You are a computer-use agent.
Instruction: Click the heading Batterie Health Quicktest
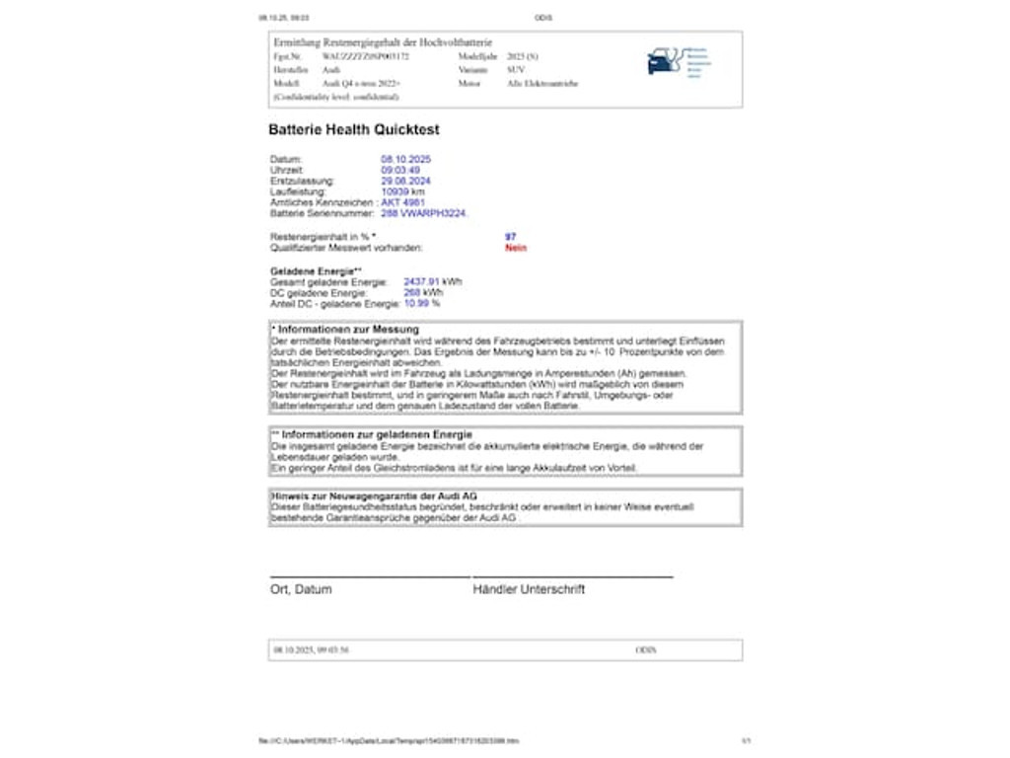pyautogui.click(x=354, y=129)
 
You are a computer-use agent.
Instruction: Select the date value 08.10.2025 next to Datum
pyautogui.click(x=405, y=159)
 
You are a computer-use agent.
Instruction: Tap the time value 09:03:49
pyautogui.click(x=400, y=170)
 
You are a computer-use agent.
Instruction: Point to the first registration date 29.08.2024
pyautogui.click(x=405, y=181)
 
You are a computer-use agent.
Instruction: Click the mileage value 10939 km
pyautogui.click(x=402, y=191)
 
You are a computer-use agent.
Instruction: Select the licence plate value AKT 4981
pyautogui.click(x=402, y=202)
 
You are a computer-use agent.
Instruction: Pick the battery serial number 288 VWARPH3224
pyautogui.click(x=424, y=213)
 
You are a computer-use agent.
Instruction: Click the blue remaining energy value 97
pyautogui.click(x=510, y=237)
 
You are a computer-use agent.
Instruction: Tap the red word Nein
pyautogui.click(x=516, y=248)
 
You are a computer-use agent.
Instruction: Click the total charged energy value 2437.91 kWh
pyautogui.click(x=432, y=282)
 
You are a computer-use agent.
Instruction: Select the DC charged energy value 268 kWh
pyautogui.click(x=423, y=293)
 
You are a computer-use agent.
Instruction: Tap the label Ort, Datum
pyautogui.click(x=301, y=589)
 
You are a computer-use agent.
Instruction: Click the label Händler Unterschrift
pyautogui.click(x=529, y=589)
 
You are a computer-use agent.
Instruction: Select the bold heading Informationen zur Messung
pyautogui.click(x=348, y=329)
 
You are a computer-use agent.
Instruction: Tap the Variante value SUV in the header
pyautogui.click(x=516, y=71)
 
